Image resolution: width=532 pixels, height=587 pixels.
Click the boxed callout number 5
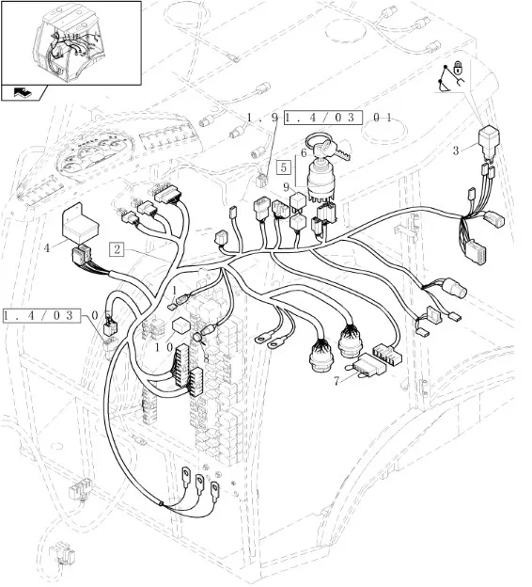284,167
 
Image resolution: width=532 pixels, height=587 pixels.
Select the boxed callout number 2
117,249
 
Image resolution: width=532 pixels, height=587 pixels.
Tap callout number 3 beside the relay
456,151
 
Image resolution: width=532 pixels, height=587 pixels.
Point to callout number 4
47,247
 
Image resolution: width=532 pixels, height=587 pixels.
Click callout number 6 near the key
304,152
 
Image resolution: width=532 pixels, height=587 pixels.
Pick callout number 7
336,381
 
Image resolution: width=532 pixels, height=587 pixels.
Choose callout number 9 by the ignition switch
286,186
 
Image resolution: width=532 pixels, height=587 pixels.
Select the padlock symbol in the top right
457,68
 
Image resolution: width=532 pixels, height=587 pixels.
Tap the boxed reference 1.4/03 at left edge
42,316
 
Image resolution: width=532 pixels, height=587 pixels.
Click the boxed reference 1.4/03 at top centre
323,118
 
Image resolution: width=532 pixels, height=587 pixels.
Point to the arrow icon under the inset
23,92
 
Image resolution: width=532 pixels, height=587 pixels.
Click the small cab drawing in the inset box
68,45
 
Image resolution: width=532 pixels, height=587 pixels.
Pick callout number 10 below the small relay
164,348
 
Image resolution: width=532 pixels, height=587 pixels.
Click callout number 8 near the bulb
206,358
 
